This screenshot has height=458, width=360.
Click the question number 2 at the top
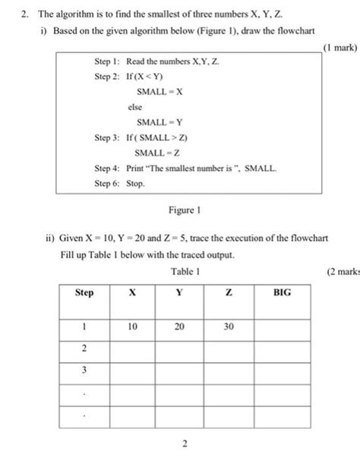point(23,14)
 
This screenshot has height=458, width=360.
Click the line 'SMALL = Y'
point(159,122)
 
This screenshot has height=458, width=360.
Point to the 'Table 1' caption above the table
point(185,270)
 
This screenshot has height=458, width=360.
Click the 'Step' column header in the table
point(84,292)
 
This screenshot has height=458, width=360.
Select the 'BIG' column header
point(282,292)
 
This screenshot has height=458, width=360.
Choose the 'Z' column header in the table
point(229,292)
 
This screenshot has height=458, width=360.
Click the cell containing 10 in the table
point(133,326)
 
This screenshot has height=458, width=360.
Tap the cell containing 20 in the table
point(179,326)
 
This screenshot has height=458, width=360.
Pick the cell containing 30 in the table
point(229,326)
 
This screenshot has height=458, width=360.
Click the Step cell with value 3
point(84,370)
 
